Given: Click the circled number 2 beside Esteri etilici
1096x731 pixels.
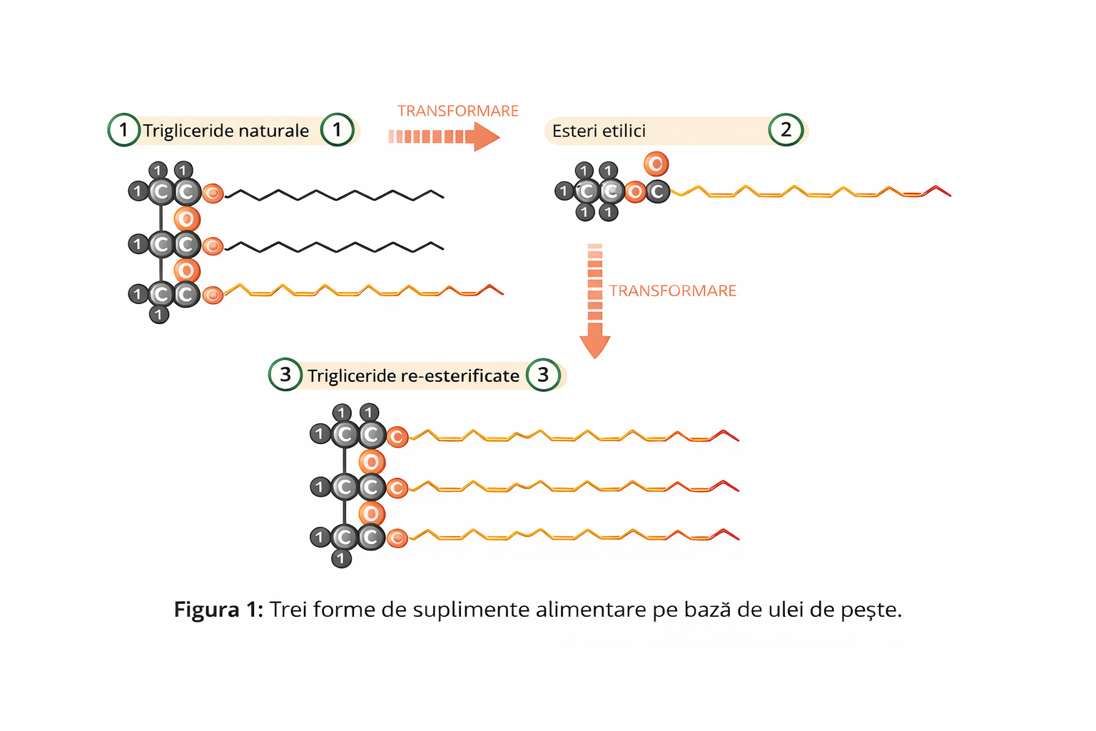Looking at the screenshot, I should tap(786, 130).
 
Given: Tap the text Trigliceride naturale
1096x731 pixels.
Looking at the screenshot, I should tap(225, 131).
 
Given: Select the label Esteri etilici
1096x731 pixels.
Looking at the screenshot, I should tap(599, 131).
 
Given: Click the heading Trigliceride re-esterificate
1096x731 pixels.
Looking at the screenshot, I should tap(413, 375).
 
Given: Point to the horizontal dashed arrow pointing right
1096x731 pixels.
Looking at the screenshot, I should tap(443, 136).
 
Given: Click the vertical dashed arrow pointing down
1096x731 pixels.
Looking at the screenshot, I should tap(595, 300).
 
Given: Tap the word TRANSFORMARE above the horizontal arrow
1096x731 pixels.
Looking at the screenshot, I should tap(457, 111).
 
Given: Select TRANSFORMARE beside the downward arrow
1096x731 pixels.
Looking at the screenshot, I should tap(672, 291).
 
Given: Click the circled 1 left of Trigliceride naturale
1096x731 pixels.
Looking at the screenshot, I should tap(123, 130).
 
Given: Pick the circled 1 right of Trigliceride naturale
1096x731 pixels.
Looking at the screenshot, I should tap(337, 130).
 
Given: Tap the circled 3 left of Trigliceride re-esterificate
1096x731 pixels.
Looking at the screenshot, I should tap(285, 375).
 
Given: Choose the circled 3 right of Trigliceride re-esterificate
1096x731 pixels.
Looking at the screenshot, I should tap(543, 375).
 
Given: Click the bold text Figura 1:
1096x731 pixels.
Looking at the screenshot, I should tap(218, 610).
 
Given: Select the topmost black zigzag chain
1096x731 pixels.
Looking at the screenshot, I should tap(335, 194).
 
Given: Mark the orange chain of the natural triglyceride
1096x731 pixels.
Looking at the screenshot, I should tap(364, 291).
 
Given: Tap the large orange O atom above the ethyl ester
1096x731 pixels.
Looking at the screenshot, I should tap(656, 164).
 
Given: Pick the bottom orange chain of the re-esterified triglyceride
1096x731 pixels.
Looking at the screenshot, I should tap(571, 535).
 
